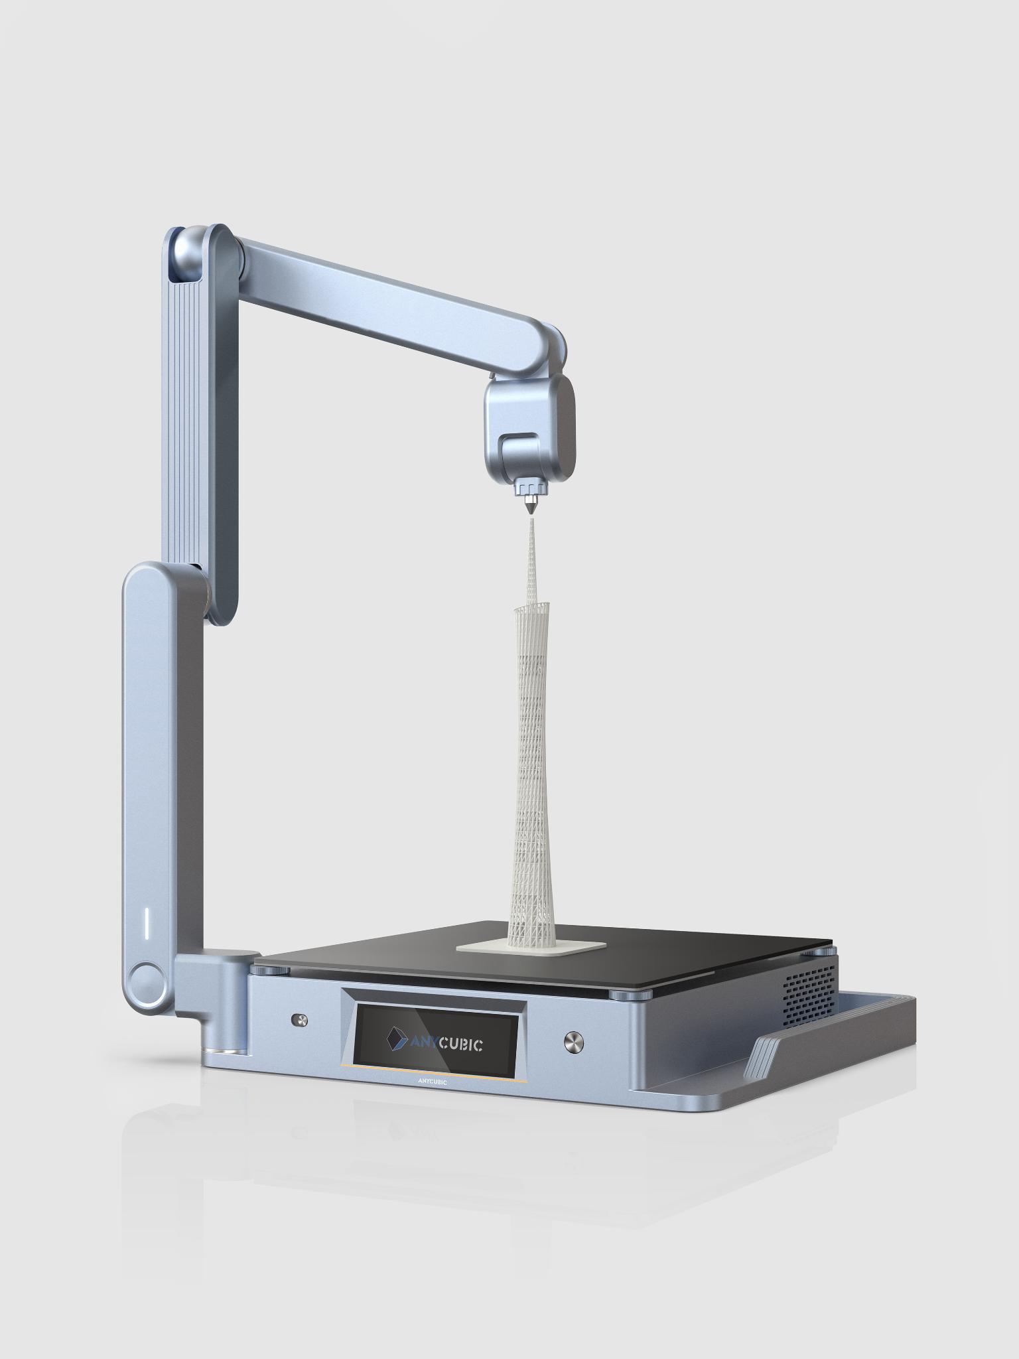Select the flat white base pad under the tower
(531, 946)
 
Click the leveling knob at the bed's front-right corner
(624, 996)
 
